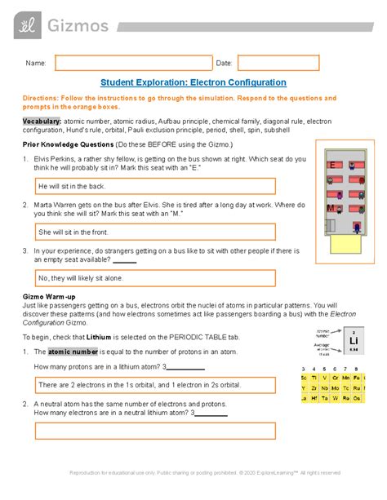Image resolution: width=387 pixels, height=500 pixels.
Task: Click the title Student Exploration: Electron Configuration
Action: click(193, 82)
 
